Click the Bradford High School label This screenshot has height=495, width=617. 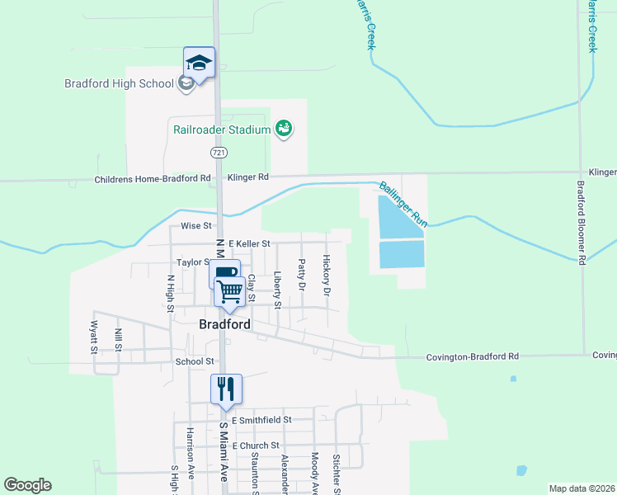pyautogui.click(x=119, y=83)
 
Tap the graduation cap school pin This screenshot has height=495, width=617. pyautogui.click(x=199, y=63)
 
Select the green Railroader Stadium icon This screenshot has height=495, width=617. pyautogui.click(x=284, y=129)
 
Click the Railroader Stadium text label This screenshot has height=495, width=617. pyautogui.click(x=221, y=130)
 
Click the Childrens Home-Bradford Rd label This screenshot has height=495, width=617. pyautogui.click(x=152, y=178)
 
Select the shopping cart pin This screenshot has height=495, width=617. pyautogui.click(x=230, y=291)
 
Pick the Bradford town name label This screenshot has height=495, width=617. pyautogui.click(x=224, y=324)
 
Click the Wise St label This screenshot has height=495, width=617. pyautogui.click(x=196, y=225)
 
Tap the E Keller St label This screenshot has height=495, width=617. pyautogui.click(x=249, y=243)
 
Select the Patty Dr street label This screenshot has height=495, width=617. pyautogui.click(x=302, y=276)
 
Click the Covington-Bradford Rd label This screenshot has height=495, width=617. pyautogui.click(x=472, y=356)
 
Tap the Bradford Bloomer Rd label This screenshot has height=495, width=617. pyautogui.click(x=581, y=223)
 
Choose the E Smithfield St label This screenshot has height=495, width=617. pyautogui.click(x=261, y=420)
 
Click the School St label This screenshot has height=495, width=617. pyautogui.click(x=195, y=361)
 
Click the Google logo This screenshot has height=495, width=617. pyautogui.click(x=27, y=485)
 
